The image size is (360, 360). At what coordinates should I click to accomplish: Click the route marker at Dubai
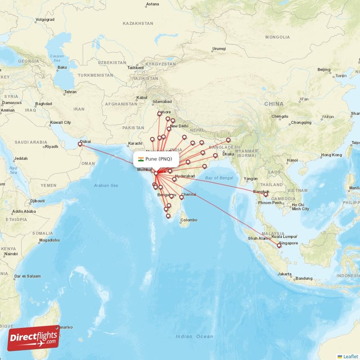pyautogui.click(x=81, y=144)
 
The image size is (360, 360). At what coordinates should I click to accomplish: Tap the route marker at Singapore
pyautogui.click(x=279, y=245)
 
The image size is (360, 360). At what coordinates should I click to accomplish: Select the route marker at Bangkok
pyautogui.click(x=265, y=194)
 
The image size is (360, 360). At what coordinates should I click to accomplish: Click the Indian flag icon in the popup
pyautogui.click(x=141, y=159)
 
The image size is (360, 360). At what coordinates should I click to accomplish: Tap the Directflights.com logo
pyautogui.click(x=33, y=338)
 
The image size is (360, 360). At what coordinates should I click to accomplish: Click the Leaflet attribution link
pyautogui.click(x=350, y=356)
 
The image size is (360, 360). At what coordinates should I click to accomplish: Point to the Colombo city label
pyautogui.click(x=189, y=220)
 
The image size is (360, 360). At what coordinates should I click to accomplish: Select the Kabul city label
pyautogui.click(x=142, y=97)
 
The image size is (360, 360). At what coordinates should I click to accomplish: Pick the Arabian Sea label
pyautogui.click(x=106, y=185)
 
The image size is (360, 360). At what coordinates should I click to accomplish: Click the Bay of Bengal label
pyautogui.click(x=219, y=178)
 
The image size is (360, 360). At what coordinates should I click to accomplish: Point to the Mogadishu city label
pyautogui.click(x=49, y=240)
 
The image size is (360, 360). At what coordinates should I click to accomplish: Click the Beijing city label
pyautogui.click(x=324, y=70)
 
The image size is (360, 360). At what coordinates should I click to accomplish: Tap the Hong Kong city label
pyautogui.click(x=331, y=155)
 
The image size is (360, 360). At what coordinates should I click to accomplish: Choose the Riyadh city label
pyautogui.click(x=51, y=146)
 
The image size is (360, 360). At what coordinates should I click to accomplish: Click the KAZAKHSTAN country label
pyautogui.click(x=138, y=23)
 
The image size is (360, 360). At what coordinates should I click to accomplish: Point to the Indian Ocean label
pyautogui.click(x=194, y=336)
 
